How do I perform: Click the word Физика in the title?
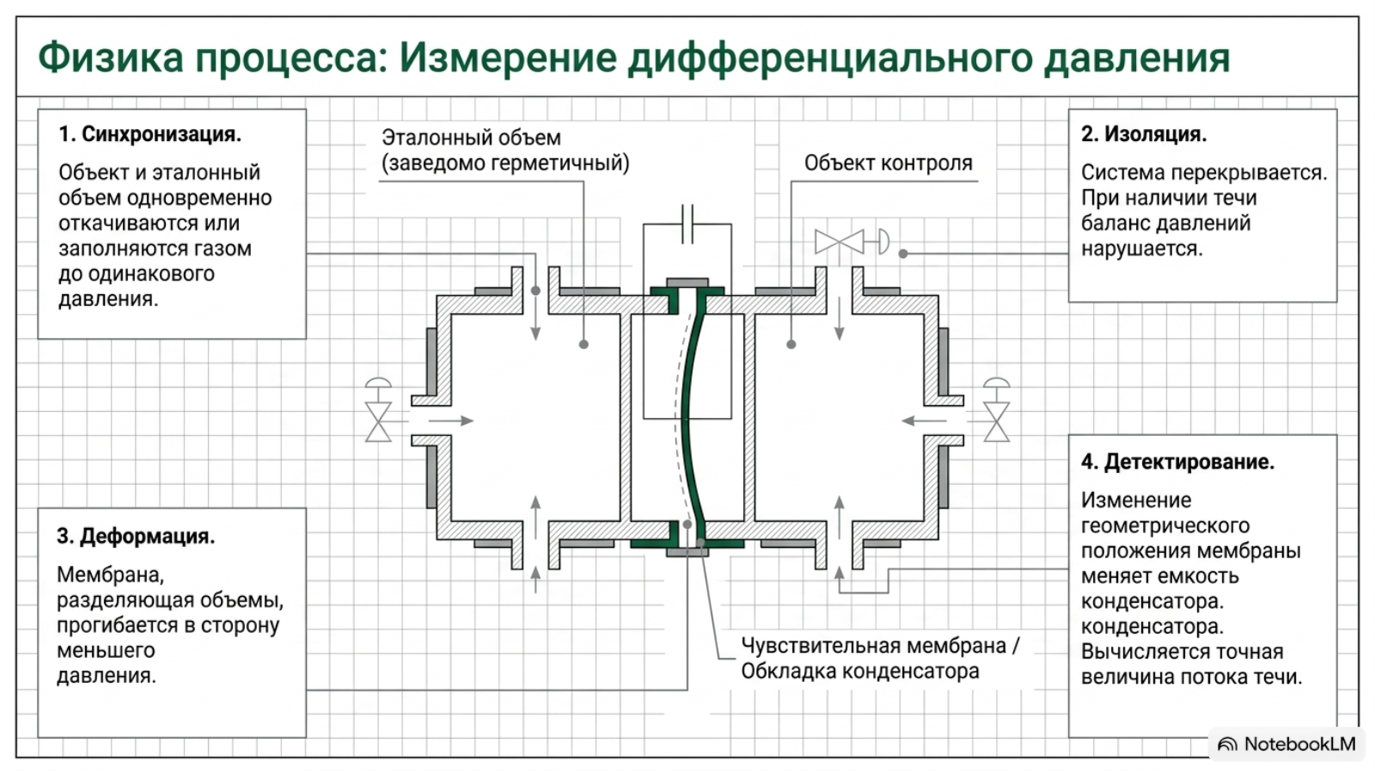coord(111,58)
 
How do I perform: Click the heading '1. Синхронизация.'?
coord(150,134)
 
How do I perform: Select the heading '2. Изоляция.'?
coord(1144,134)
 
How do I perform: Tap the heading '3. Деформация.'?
coord(136,537)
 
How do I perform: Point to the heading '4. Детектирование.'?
coord(1177,462)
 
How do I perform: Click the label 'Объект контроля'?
coord(889,163)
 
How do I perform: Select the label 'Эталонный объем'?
coord(471,138)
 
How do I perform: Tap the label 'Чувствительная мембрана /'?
coord(880,646)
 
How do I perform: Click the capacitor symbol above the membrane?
coord(687,224)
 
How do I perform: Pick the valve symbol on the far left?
coord(378,410)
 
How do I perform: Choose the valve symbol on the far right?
coord(996,410)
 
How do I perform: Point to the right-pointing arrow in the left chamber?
coord(450,421)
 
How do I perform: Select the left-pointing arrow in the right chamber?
coord(925,421)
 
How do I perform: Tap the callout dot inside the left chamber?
coord(584,345)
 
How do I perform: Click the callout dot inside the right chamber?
coord(791,345)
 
